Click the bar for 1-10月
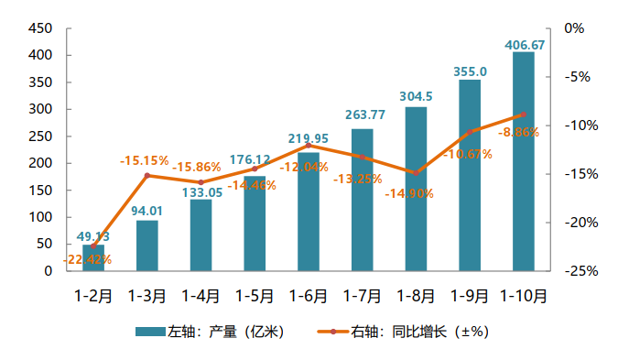coord(524,161)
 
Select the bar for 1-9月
coord(470,175)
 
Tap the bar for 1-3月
coord(147,245)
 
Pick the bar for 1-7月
coord(363,200)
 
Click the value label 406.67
coord(525,44)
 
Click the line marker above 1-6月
coord(309,146)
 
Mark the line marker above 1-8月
coord(416,172)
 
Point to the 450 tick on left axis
coord(40,28)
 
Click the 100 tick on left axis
coord(40,217)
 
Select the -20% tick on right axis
coord(574,223)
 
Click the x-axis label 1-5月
coord(255,296)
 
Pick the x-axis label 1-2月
coord(93,296)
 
